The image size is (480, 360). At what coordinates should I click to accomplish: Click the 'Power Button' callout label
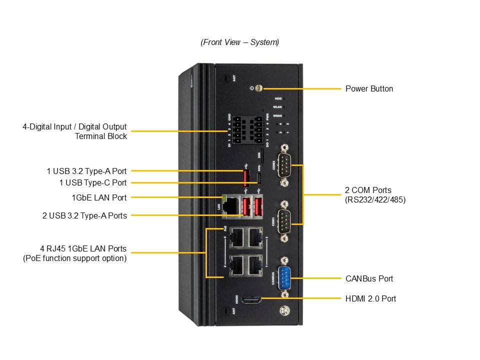pyautogui.click(x=369, y=89)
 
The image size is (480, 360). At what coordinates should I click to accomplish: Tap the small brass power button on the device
pyautogui.click(x=258, y=89)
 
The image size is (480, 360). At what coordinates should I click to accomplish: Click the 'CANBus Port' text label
pyautogui.click(x=369, y=278)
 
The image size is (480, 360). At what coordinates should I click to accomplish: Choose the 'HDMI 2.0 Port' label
pyautogui.click(x=370, y=298)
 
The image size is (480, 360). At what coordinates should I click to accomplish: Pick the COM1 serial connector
pyautogui.click(x=284, y=220)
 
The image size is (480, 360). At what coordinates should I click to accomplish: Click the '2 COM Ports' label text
pyautogui.click(x=368, y=190)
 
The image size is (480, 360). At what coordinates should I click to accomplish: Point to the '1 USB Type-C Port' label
pyautogui.click(x=93, y=183)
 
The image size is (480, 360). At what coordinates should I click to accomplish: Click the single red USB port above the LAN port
pyautogui.click(x=246, y=178)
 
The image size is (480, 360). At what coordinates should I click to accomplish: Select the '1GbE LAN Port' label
pyautogui.click(x=99, y=197)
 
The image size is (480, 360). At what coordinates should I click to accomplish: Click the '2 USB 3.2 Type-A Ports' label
pyautogui.click(x=84, y=215)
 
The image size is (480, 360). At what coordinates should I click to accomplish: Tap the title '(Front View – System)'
pyautogui.click(x=240, y=42)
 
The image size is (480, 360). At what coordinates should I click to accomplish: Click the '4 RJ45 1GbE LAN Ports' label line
pyautogui.click(x=83, y=249)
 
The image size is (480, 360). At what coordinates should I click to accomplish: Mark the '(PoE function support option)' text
pyautogui.click(x=75, y=258)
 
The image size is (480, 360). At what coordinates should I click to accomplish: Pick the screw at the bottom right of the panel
pyautogui.click(x=284, y=310)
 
